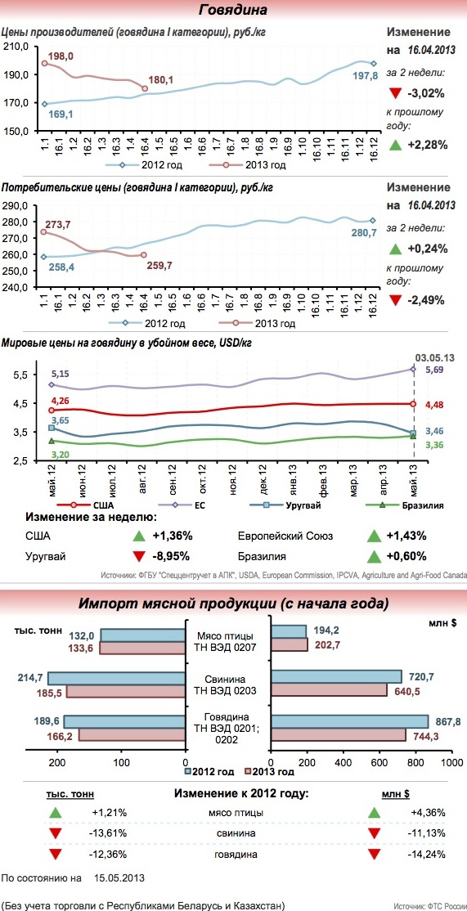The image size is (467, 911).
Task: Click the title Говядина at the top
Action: pyautogui.click(x=233, y=11)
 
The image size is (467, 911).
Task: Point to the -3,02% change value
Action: pyautogui.click(x=428, y=93)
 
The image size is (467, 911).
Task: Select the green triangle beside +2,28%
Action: pyautogui.click(x=395, y=145)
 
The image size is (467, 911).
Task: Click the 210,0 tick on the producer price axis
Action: pyautogui.click(x=17, y=47)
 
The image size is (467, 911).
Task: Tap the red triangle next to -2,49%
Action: pyautogui.click(x=395, y=300)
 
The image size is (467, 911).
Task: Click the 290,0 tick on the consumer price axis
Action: pyautogui.click(x=17, y=206)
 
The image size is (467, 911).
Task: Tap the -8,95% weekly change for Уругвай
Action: pyautogui.click(x=172, y=555)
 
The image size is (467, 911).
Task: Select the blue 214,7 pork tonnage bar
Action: pyautogui.click(x=117, y=678)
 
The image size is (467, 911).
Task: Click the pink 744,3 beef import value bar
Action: pyautogui.click(x=339, y=735)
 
